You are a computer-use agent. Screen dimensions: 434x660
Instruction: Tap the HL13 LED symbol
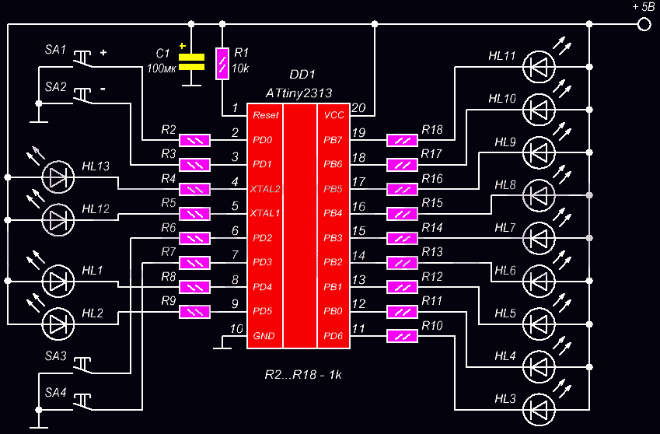[x=58, y=177]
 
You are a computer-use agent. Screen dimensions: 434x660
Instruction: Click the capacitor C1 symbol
[x=191, y=62]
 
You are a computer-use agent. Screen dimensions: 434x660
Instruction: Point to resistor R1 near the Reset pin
[x=222, y=61]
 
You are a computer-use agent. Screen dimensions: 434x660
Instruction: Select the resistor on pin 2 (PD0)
[x=194, y=140]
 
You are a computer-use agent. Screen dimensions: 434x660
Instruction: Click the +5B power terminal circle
[x=643, y=25]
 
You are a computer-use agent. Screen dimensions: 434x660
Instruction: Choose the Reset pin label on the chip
[x=265, y=115]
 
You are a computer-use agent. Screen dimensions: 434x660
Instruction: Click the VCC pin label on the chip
[x=333, y=115]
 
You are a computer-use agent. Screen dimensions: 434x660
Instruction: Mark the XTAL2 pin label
[x=265, y=188]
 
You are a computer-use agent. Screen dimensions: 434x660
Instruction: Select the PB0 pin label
[x=333, y=311]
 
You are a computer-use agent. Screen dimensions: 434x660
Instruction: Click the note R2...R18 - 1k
[x=303, y=374]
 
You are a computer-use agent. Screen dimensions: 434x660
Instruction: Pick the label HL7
[x=505, y=227]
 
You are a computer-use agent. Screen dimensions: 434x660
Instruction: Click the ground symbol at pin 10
[x=222, y=347]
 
